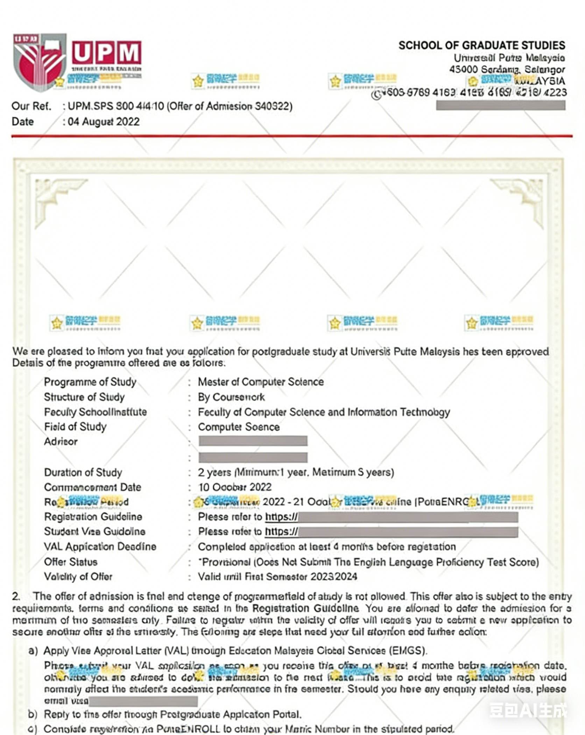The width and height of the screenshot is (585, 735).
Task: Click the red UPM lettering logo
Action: point(106,52)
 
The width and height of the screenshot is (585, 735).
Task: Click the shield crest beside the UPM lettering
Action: point(39,61)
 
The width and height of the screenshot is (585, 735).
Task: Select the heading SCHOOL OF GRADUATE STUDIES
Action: point(481,45)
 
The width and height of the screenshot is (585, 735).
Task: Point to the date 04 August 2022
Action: point(104,121)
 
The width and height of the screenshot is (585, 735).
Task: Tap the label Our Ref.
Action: point(31,106)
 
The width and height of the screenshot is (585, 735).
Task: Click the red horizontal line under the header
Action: point(292,136)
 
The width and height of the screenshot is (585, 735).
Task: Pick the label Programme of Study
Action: point(90,382)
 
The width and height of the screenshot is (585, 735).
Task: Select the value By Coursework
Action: point(231,397)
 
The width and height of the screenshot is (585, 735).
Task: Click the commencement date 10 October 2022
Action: point(235,487)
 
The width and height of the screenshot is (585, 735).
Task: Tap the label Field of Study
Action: point(75,427)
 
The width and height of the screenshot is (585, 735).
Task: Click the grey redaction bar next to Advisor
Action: point(253,441)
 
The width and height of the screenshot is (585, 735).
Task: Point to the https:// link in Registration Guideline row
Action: point(281,517)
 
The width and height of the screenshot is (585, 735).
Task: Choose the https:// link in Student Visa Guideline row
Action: point(281,532)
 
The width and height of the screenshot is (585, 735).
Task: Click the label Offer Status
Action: point(71,562)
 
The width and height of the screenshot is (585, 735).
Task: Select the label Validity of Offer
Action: point(78,577)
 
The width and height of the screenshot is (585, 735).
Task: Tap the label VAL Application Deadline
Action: point(100,546)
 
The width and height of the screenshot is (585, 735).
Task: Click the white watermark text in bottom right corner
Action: point(528,710)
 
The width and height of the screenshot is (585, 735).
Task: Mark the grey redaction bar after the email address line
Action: point(143,701)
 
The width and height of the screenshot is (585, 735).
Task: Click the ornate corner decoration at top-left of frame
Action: point(56,199)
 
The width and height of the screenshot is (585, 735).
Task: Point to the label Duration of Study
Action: point(83,472)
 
